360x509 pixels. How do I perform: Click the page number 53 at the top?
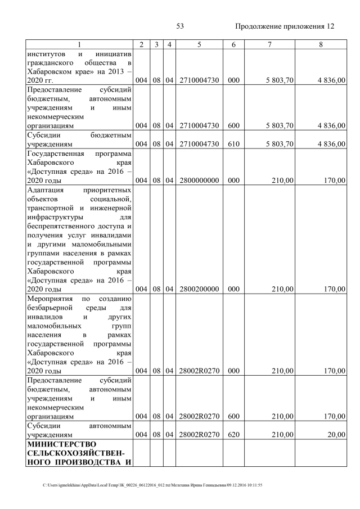tap(181, 26)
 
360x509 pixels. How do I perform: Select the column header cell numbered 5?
tap(199, 44)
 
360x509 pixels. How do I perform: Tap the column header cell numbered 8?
tap(321, 44)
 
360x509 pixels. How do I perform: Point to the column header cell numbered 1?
tap(79, 44)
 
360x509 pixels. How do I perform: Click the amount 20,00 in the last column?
tap(335, 435)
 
